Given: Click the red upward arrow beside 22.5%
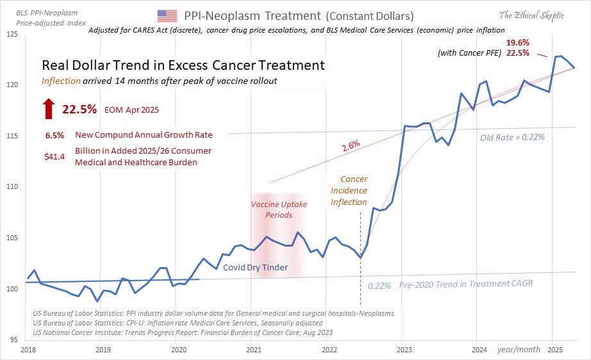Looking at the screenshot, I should [x=49, y=109].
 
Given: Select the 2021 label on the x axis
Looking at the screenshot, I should [x=253, y=350].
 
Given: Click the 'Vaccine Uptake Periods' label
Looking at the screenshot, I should [x=278, y=209].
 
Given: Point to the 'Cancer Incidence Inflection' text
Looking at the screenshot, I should [x=349, y=191].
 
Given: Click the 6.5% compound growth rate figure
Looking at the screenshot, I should [x=54, y=135].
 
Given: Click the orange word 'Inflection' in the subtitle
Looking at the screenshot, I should [x=61, y=81].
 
